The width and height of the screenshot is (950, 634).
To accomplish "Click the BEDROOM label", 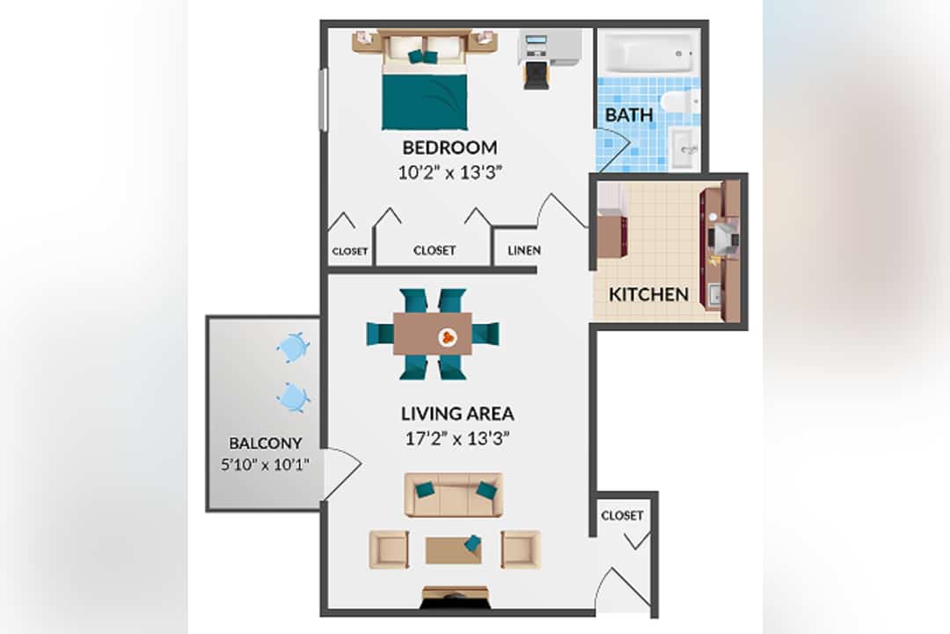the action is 449,147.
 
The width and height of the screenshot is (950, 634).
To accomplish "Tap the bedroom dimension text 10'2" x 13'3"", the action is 450,173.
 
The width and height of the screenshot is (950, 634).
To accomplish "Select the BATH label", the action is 629,114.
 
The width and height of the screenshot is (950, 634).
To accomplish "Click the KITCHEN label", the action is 648,294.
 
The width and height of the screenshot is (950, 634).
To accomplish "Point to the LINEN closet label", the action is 524,250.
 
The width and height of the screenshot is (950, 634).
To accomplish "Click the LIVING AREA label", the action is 457,414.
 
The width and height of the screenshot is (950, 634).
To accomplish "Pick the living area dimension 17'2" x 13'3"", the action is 457,438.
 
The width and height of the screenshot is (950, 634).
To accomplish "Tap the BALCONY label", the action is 266,444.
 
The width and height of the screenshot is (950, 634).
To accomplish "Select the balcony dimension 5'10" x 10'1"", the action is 266,465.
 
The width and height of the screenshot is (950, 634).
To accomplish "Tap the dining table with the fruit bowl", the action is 433,334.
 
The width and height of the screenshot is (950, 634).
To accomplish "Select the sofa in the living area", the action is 454,495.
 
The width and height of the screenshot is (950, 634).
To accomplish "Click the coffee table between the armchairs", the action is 454,549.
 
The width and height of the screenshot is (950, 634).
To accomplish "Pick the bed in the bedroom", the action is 425,82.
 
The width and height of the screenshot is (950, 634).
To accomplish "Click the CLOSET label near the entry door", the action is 622,516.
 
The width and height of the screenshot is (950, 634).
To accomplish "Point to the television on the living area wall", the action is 454,598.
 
